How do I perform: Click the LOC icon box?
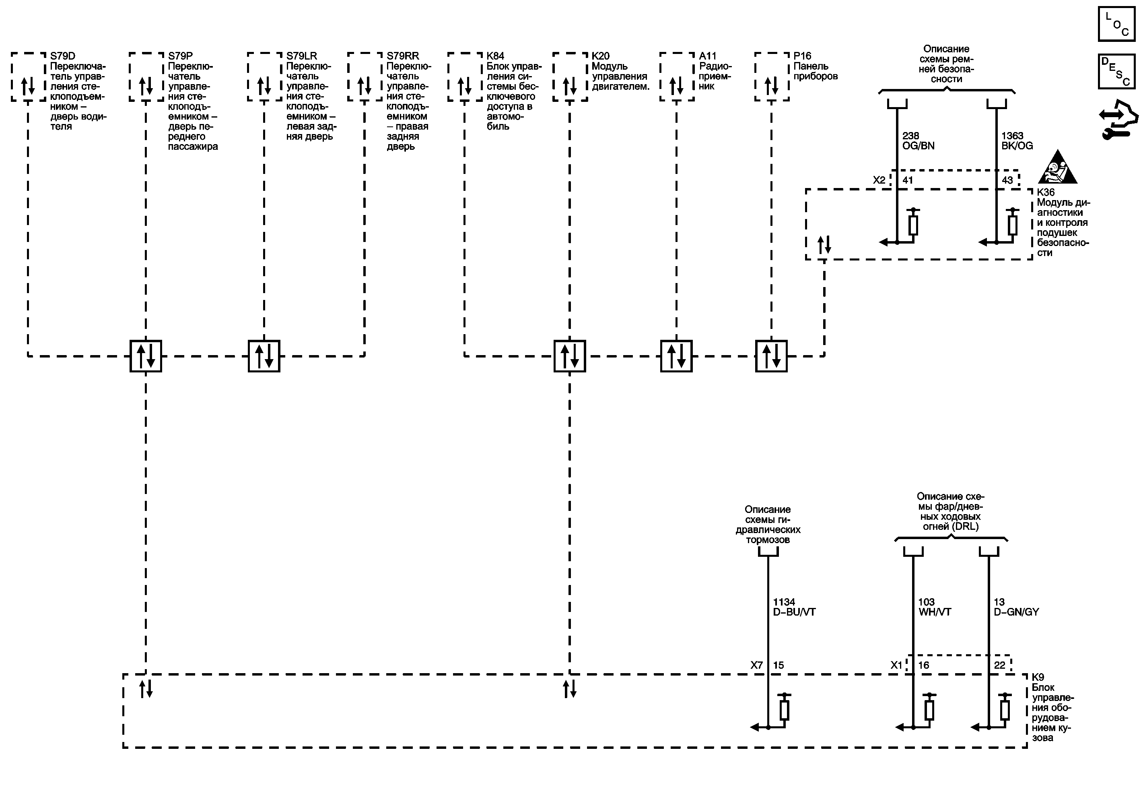(x=1116, y=24)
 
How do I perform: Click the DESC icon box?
(x=1116, y=71)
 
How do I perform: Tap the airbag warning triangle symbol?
(x=1057, y=167)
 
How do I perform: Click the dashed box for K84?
(x=465, y=77)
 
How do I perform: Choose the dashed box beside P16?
(x=771, y=77)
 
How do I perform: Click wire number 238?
(x=910, y=136)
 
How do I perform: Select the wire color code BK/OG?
(x=1017, y=146)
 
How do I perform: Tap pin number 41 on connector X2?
(x=907, y=180)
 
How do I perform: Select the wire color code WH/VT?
(x=934, y=612)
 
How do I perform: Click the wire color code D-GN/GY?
(x=1016, y=612)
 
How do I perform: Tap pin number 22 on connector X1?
(x=999, y=665)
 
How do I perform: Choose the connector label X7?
(x=756, y=665)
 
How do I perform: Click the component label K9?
(x=1038, y=677)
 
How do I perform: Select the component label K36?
(x=1046, y=192)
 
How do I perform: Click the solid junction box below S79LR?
(x=264, y=356)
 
